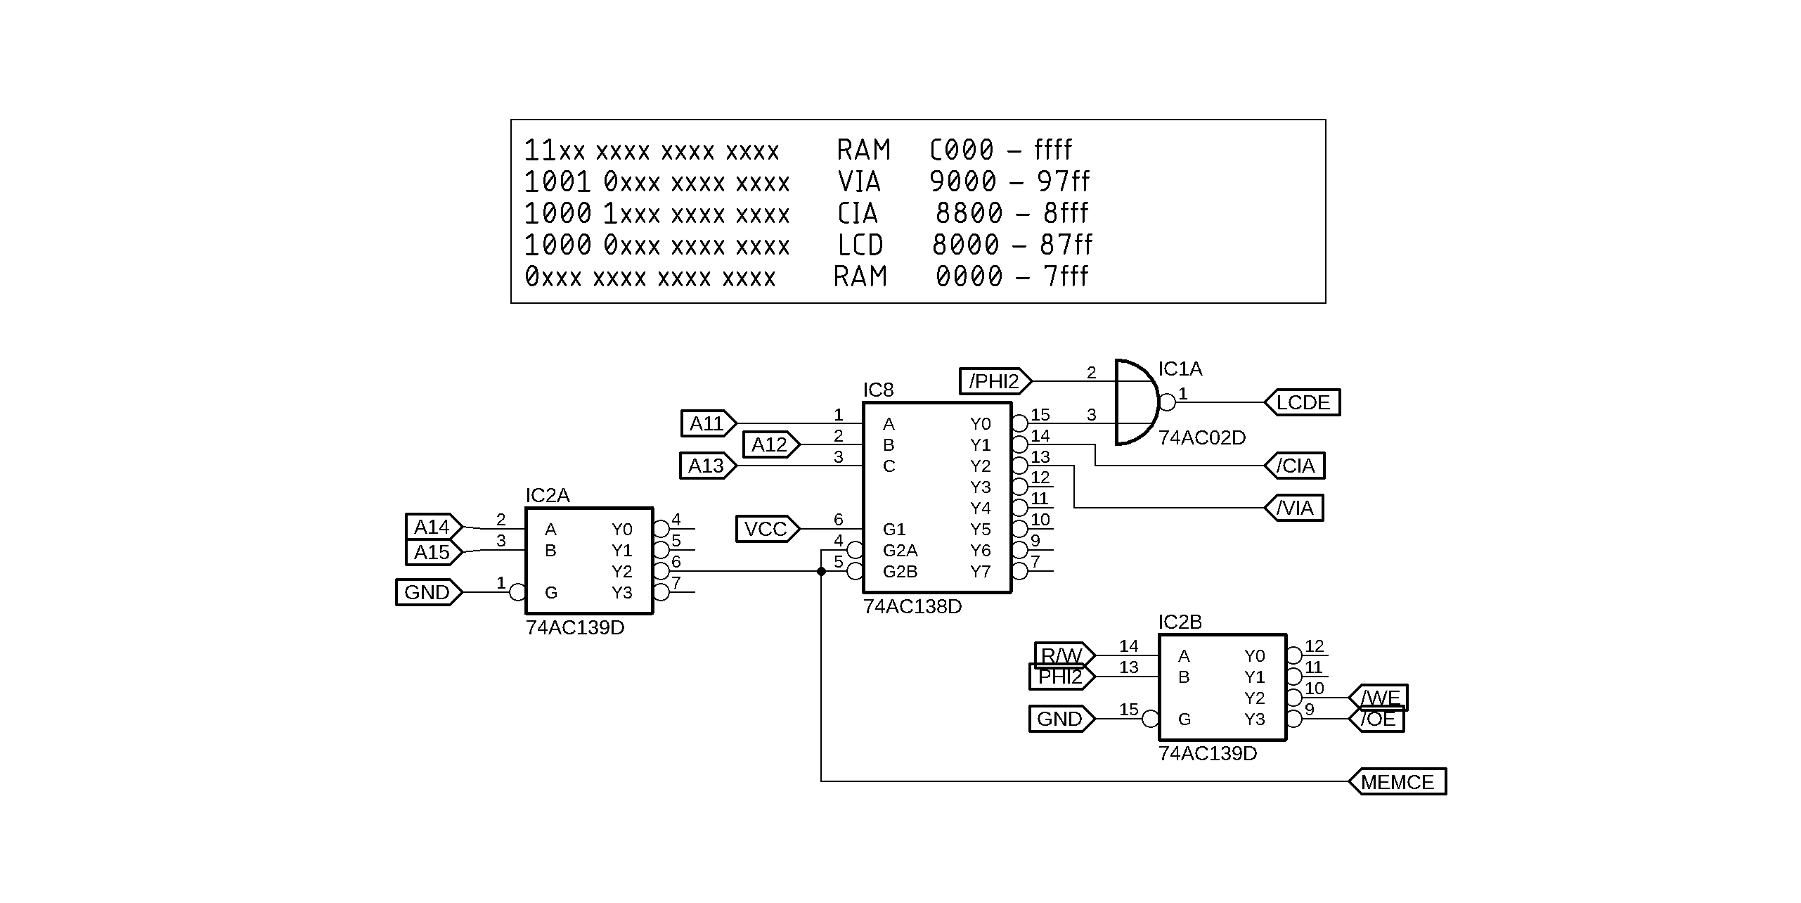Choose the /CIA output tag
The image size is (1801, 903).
1295,466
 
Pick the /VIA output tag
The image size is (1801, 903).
1295,508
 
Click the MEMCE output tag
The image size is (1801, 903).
1397,781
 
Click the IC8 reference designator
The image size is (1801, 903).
878,390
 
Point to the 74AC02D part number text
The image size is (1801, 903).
1201,437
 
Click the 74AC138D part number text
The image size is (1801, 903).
912,606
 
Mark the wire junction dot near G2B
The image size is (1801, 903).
821,571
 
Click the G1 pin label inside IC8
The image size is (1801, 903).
894,529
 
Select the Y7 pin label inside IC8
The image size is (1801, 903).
980,572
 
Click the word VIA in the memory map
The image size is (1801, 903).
859,182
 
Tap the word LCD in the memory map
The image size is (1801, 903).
860,245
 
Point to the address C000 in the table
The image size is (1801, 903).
962,150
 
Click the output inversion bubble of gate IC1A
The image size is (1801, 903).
1167,402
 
